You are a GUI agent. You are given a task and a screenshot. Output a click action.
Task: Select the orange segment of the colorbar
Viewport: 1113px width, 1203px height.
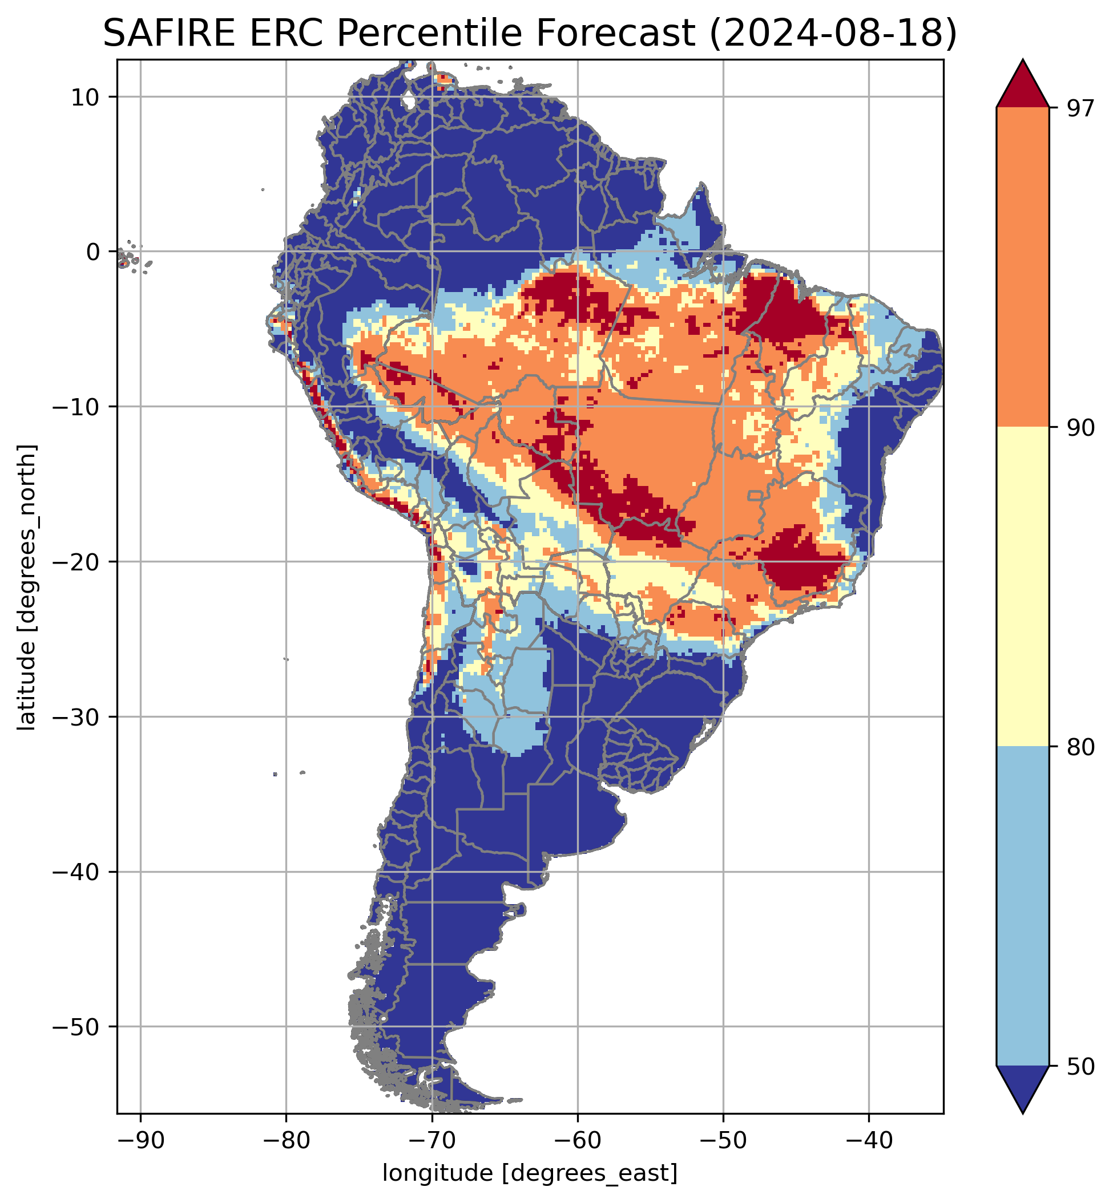1023,268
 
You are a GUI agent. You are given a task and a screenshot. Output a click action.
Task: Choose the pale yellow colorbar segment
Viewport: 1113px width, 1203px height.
1023,587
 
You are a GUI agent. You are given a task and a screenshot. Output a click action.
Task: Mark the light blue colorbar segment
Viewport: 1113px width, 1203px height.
1023,906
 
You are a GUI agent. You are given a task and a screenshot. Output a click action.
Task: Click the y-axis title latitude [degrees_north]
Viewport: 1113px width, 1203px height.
26,587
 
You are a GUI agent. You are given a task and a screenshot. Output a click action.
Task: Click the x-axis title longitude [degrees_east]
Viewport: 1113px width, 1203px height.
530,1173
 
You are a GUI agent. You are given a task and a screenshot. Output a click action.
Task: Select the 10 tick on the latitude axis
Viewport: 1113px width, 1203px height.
86,96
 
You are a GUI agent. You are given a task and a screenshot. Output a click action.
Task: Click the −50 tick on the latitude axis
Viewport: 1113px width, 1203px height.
76,1027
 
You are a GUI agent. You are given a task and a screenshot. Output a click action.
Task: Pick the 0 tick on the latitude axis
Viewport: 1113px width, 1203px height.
92,252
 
